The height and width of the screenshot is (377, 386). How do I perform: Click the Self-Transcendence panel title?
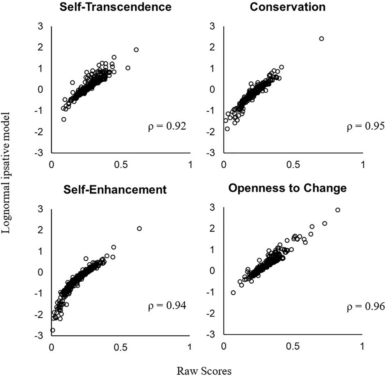pyautogui.click(x=115, y=7)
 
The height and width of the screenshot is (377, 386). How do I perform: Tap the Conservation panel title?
pyautogui.click(x=287, y=7)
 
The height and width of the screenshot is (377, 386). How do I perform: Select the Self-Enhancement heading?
pyautogui.click(x=115, y=189)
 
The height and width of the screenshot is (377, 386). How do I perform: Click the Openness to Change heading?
pyautogui.click(x=287, y=188)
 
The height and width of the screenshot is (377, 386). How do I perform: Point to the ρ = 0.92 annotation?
pyautogui.click(x=167, y=126)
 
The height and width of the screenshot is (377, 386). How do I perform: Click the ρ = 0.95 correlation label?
pyautogui.click(x=365, y=126)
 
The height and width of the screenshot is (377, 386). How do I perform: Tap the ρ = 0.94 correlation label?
pyautogui.click(x=167, y=306)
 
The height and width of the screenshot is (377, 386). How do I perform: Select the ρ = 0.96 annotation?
pyautogui.click(x=365, y=307)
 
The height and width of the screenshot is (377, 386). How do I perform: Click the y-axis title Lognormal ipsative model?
pyautogui.click(x=6, y=173)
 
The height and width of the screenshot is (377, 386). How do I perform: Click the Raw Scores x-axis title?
pyautogui.click(x=204, y=371)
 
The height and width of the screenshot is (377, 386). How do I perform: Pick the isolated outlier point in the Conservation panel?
pyautogui.click(x=321, y=39)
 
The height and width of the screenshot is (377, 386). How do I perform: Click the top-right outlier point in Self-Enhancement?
pyautogui.click(x=139, y=228)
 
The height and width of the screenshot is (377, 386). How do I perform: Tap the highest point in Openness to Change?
pyautogui.click(x=338, y=210)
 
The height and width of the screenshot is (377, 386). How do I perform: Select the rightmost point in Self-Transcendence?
pyautogui.click(x=136, y=50)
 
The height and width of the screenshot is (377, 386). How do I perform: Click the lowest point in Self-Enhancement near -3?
pyautogui.click(x=52, y=330)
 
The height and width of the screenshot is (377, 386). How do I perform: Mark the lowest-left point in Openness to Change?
pyautogui.click(x=233, y=292)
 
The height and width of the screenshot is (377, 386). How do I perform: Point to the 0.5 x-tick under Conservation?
pyautogui.click(x=293, y=165)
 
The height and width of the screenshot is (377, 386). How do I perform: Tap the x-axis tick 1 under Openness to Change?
pyautogui.click(x=362, y=346)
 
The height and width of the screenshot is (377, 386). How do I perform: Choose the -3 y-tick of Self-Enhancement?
pyautogui.click(x=38, y=336)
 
